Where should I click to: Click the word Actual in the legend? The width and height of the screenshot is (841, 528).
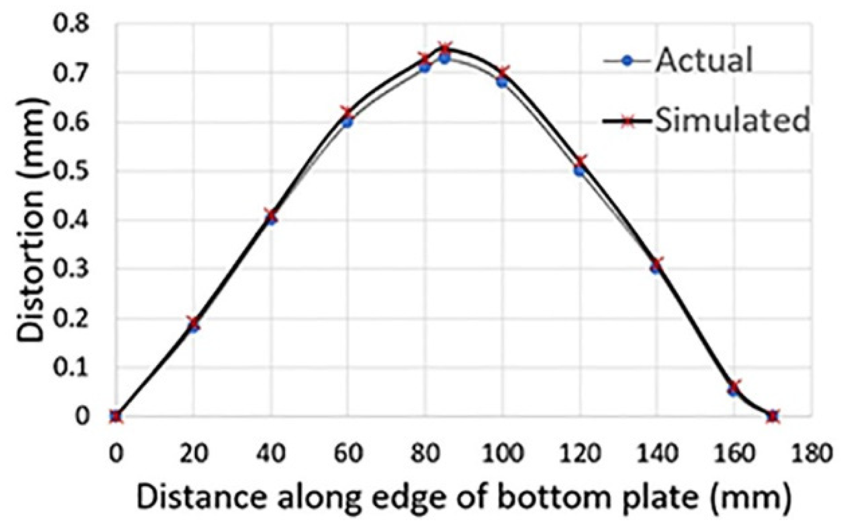click(703, 61)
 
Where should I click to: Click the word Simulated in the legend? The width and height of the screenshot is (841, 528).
click(731, 120)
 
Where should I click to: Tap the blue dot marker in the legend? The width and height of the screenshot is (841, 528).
click(626, 61)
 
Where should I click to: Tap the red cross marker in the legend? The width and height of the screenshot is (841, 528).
click(626, 120)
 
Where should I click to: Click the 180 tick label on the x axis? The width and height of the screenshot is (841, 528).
click(811, 453)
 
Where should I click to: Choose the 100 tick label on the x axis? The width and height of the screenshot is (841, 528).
click(502, 453)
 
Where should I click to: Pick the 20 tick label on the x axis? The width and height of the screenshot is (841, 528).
click(193, 453)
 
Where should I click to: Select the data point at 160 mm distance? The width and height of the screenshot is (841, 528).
click(734, 388)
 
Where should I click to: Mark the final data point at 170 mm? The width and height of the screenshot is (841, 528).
click(773, 416)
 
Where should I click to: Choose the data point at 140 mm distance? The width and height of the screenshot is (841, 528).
click(656, 265)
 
